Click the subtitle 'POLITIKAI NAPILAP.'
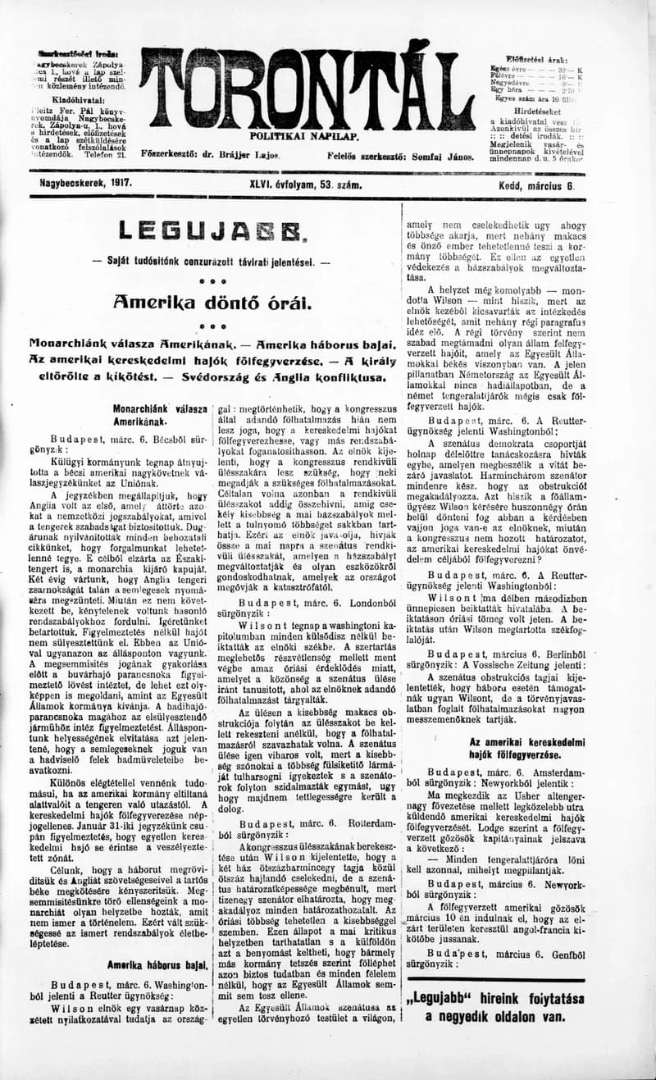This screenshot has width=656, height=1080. (x=298, y=135)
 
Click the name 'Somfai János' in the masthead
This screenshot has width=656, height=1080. (x=446, y=156)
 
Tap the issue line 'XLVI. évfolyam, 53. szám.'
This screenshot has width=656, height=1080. (x=294, y=185)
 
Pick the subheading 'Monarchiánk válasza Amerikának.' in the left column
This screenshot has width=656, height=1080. (x=159, y=415)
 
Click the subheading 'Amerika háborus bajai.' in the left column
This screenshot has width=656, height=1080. (x=157, y=966)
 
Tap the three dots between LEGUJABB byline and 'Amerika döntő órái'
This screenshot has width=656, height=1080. (x=212, y=280)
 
